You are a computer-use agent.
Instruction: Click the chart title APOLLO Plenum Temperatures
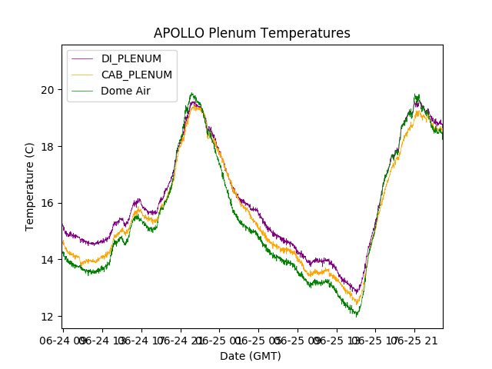click(x=251, y=33)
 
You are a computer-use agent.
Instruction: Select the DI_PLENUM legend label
click(x=131, y=58)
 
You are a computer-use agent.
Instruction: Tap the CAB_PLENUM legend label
click(x=137, y=75)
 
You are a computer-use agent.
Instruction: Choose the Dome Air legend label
click(x=125, y=91)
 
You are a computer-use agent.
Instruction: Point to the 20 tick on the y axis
click(x=48, y=90)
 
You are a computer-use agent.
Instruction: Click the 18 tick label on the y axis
click(x=48, y=147)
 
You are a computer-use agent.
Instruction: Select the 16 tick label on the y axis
click(x=48, y=203)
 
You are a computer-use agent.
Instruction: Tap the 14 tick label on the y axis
click(x=48, y=260)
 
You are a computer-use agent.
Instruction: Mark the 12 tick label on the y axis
click(x=48, y=317)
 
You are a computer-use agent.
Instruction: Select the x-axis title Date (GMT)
click(x=251, y=356)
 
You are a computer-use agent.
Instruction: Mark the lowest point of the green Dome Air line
click(x=356, y=315)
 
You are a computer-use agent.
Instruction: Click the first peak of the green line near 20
click(x=192, y=94)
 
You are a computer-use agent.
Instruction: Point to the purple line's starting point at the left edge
click(x=62, y=224)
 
